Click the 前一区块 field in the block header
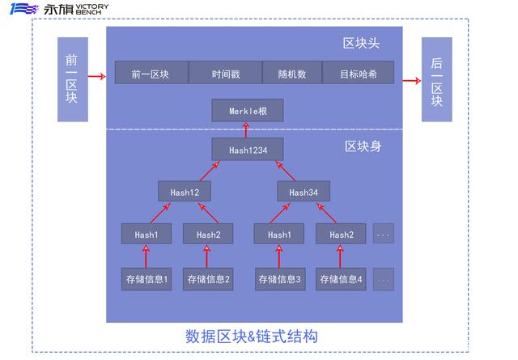coord(151,72)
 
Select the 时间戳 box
coord(225,72)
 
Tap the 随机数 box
coord(292,72)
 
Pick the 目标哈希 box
coord(358,72)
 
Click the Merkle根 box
coord(248,110)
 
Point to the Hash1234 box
coord(248,150)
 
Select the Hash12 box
coord(185,191)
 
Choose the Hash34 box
coord(304,191)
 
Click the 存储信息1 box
coord(146,279)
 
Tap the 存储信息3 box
coord(280,279)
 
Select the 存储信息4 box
coord(341,279)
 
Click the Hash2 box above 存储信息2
coord(208,234)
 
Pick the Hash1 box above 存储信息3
coord(279,234)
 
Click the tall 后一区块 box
coord(437,79)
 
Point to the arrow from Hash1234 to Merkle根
coord(246,129)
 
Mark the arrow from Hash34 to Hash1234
coord(286,171)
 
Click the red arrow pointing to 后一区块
coord(412,81)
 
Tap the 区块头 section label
coord(361,43)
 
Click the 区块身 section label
coord(363,146)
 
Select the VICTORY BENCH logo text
coord(91,9)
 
